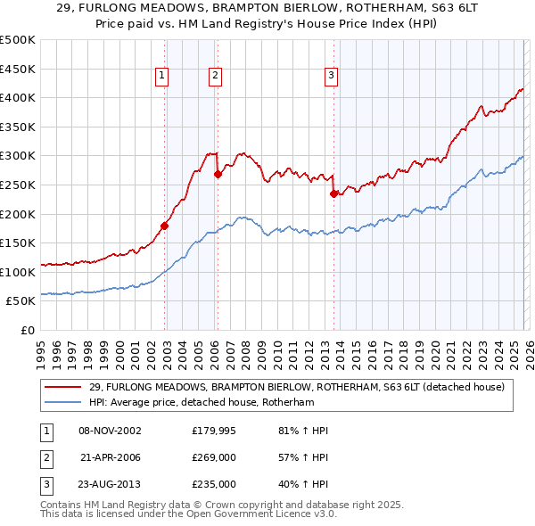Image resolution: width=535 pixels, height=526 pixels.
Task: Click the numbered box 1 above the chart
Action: click(x=162, y=77)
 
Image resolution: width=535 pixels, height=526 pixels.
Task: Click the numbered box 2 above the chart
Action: click(x=216, y=77)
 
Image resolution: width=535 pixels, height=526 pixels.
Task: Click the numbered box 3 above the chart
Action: click(x=331, y=77)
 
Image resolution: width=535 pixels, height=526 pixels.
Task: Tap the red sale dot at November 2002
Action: click(x=165, y=226)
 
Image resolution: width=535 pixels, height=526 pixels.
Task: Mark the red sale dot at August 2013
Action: click(x=333, y=193)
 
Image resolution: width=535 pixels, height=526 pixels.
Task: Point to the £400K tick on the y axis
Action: click(x=18, y=98)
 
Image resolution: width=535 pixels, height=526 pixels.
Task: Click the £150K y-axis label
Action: click(x=18, y=242)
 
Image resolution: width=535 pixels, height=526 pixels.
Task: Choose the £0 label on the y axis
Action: click(x=27, y=330)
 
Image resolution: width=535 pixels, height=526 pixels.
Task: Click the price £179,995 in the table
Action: click(x=214, y=431)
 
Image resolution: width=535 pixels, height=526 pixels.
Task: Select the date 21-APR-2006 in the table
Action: click(x=111, y=457)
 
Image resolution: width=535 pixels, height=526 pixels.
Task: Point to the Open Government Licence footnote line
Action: click(x=188, y=514)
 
